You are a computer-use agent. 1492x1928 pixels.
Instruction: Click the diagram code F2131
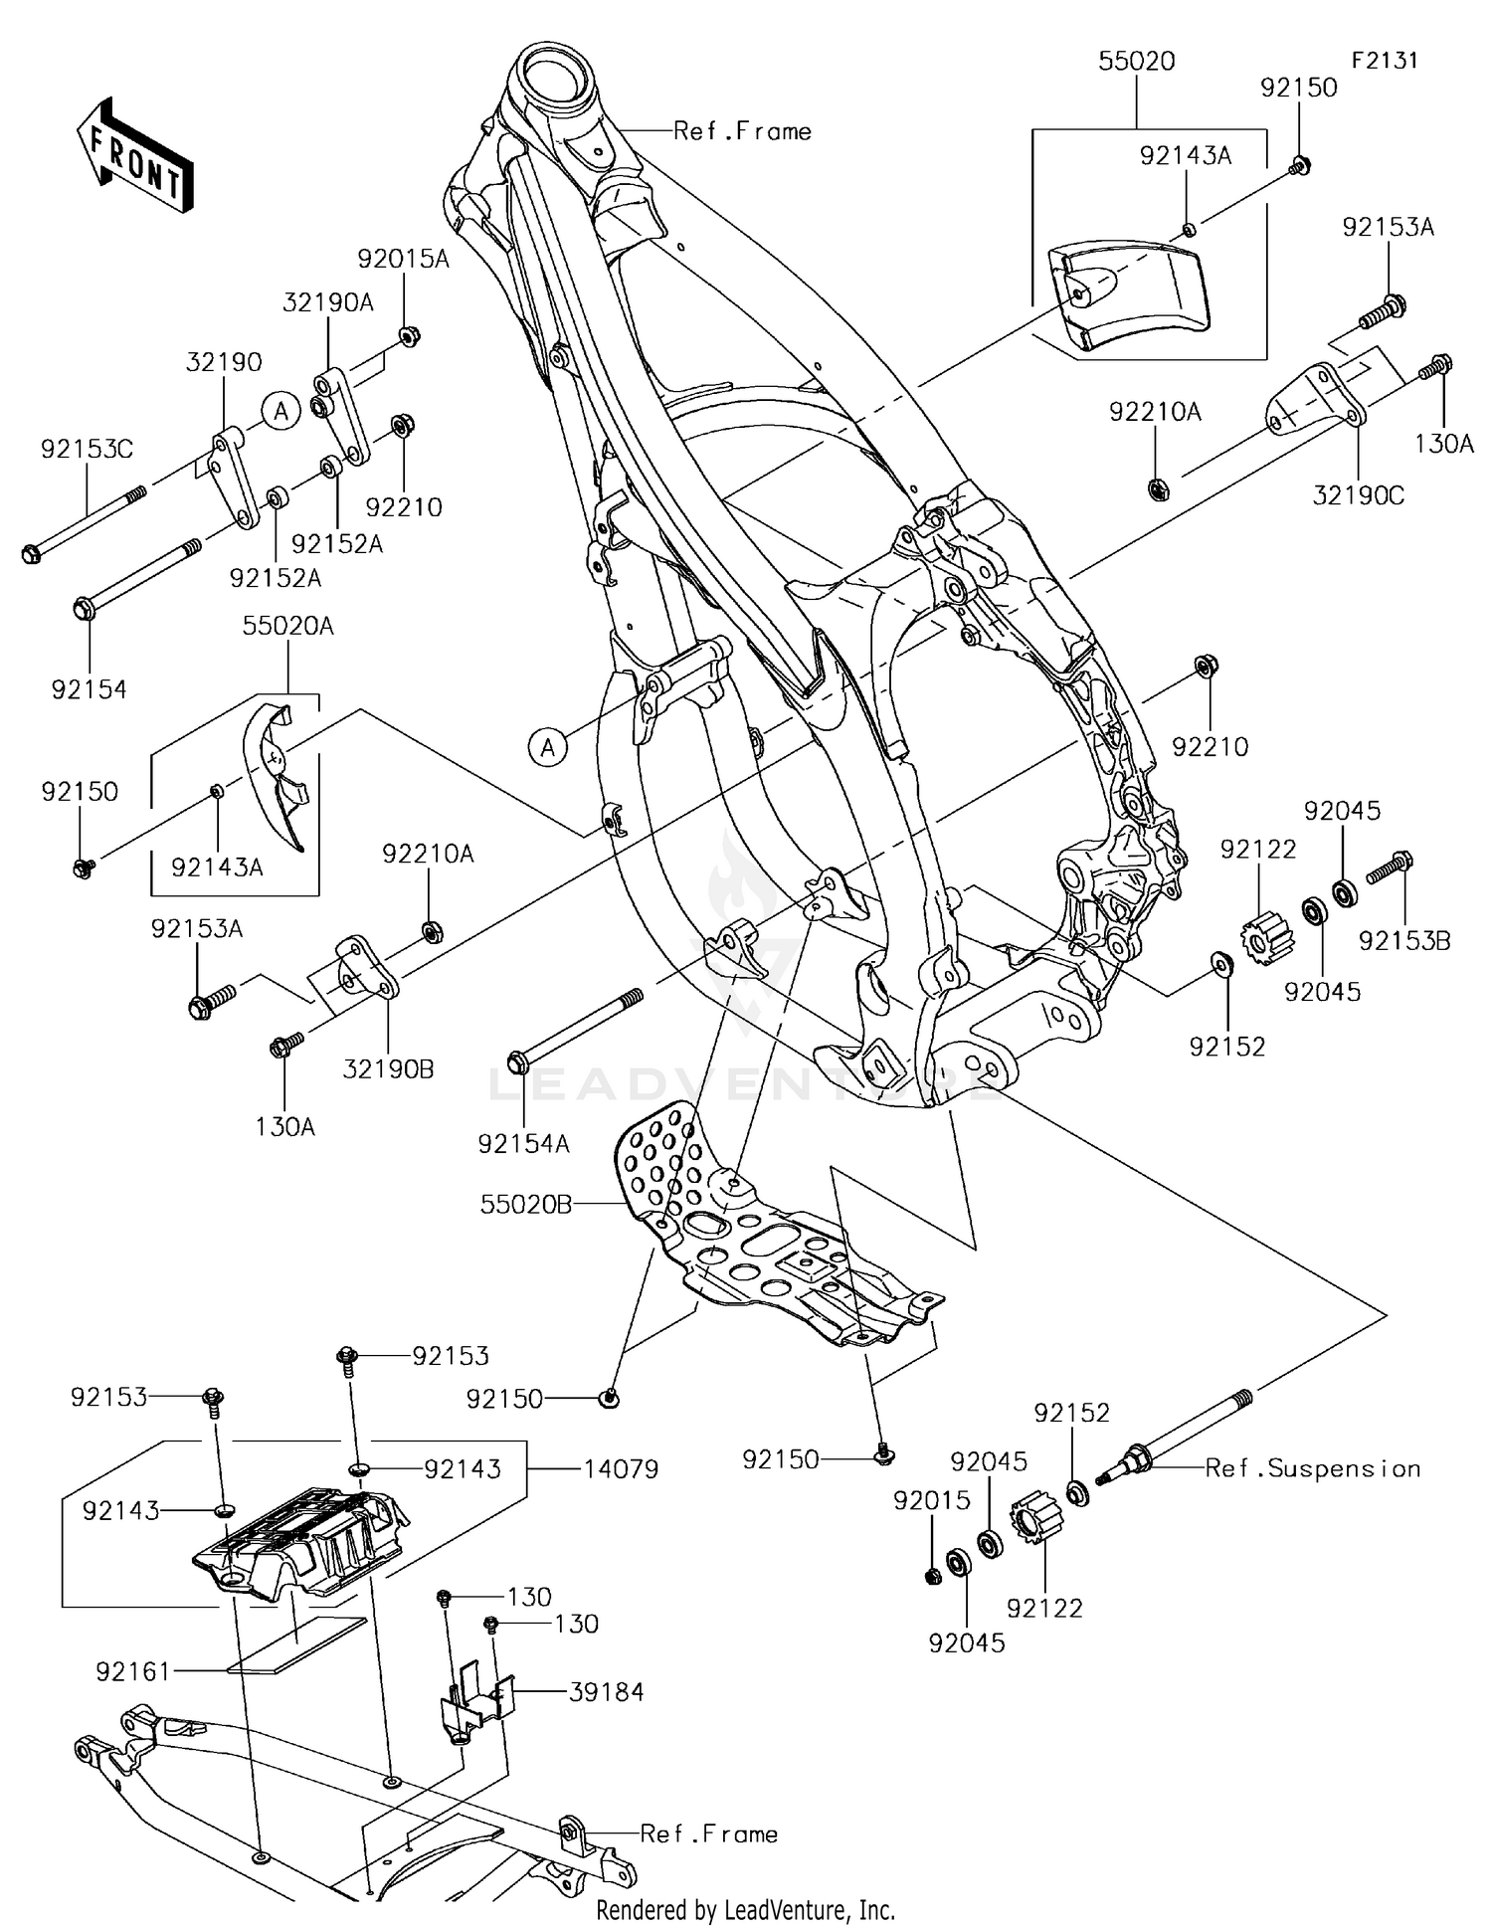coord(1384,60)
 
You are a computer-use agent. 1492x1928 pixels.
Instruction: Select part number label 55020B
coord(525,1205)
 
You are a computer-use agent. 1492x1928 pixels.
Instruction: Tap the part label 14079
coord(621,1469)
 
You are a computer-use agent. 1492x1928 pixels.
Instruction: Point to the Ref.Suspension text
coord(1312,1468)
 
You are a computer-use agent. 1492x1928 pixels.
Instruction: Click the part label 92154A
coord(523,1144)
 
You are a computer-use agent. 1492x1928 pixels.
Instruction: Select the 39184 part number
coord(606,1692)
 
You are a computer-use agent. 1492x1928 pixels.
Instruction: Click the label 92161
coord(133,1672)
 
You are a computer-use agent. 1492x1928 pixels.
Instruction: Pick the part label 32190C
coord(1358,494)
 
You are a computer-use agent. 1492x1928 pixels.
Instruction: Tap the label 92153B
coord(1404,940)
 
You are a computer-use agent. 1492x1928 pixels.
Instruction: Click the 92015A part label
coord(403,260)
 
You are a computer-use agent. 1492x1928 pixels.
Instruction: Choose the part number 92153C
coord(87,450)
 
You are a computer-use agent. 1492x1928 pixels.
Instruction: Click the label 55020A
coord(287,626)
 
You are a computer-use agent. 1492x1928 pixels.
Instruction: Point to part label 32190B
coord(388,1068)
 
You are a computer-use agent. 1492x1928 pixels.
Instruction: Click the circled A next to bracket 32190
coord(281,410)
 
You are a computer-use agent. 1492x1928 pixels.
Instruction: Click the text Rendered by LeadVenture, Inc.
coord(745,1909)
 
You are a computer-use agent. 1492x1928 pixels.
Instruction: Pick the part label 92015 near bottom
coord(931,1500)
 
